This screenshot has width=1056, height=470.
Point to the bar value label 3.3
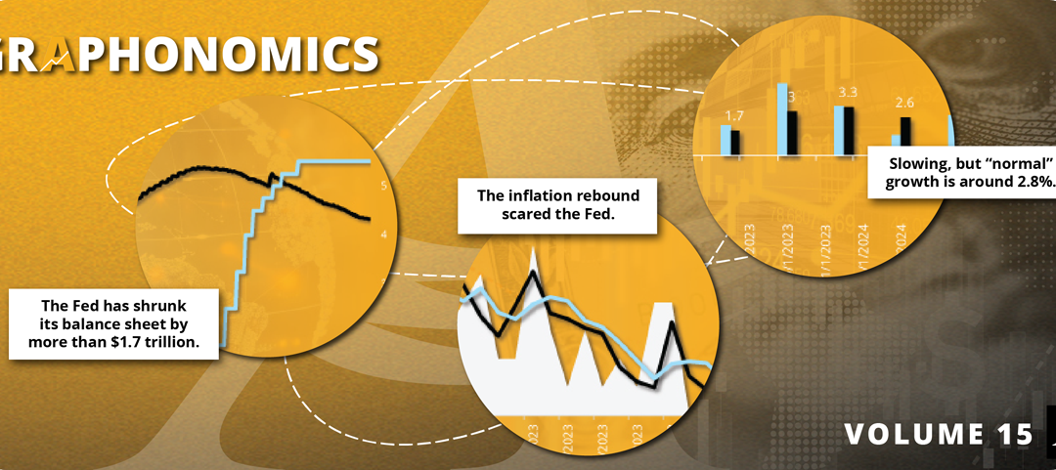click(x=849, y=93)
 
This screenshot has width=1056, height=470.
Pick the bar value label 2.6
click(x=905, y=103)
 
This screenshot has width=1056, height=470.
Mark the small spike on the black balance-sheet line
click(x=271, y=175)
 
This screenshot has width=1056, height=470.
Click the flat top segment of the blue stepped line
click(x=332, y=160)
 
